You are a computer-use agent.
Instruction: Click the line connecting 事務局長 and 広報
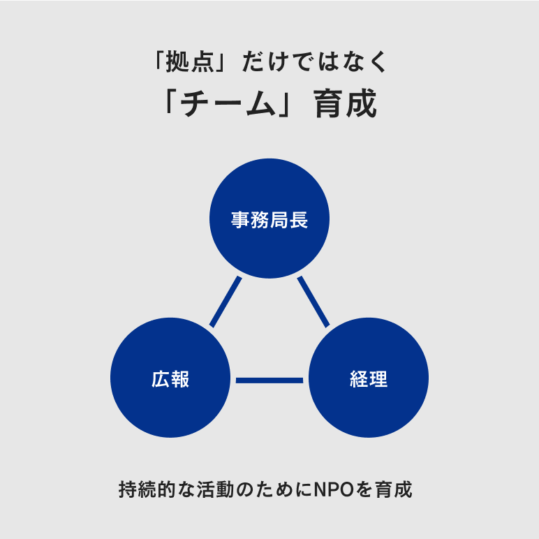pyautogui.click(x=226, y=302)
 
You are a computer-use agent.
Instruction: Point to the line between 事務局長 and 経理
pyautogui.click(x=313, y=302)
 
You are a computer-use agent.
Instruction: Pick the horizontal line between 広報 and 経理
pyautogui.click(x=269, y=381)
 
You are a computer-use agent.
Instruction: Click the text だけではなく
pyautogui.click(x=313, y=63)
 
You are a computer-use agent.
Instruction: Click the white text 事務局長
pyautogui.click(x=269, y=221)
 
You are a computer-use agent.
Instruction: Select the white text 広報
pyautogui.click(x=170, y=381)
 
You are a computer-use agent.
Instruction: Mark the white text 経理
pyautogui.click(x=369, y=381)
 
